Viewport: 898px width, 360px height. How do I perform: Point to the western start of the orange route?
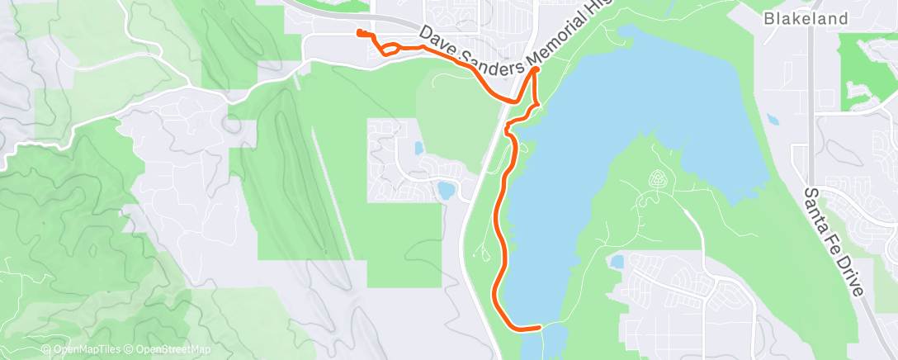click(x=358, y=32)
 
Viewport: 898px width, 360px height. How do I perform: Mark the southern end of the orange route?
click(x=540, y=327)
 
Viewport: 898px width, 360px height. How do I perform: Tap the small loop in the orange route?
click(x=390, y=49)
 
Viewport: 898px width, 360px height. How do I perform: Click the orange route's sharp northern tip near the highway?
click(x=536, y=71)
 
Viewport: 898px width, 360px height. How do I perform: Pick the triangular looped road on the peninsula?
click(x=658, y=179)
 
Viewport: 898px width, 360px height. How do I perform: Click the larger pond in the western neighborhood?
click(x=447, y=191)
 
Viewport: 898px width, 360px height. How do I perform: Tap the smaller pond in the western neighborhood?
click(x=418, y=149)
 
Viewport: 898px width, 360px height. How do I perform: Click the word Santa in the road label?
click(x=817, y=203)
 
